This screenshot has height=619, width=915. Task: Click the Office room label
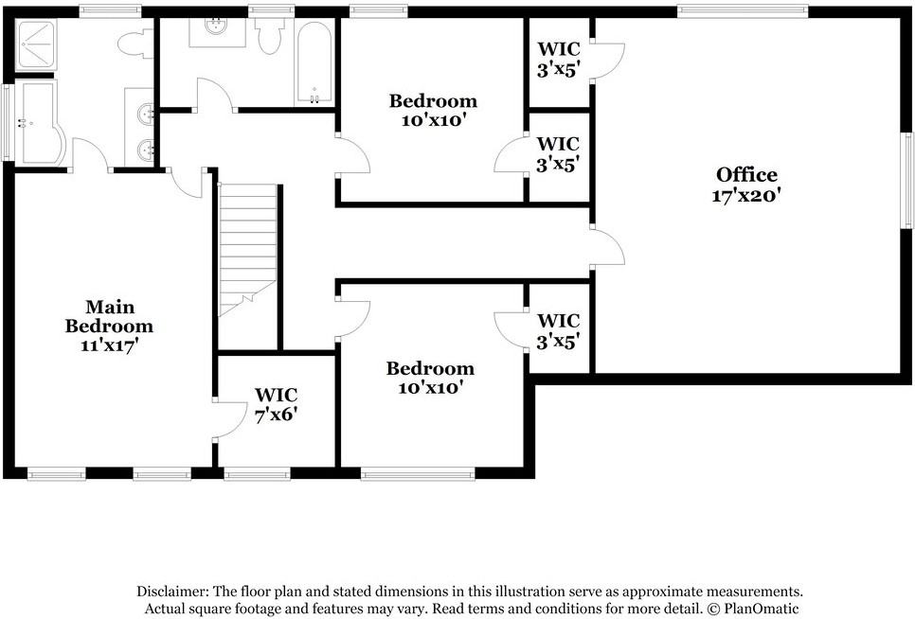pyautogui.click(x=746, y=175)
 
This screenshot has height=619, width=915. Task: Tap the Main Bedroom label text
pyautogui.click(x=109, y=316)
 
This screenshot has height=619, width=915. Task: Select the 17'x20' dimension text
pyautogui.click(x=746, y=195)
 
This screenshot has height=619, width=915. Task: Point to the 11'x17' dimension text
pyautogui.click(x=109, y=345)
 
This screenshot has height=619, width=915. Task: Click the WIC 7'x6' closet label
pyautogui.click(x=277, y=404)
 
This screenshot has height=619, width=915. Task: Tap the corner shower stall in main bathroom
pyautogui.click(x=35, y=45)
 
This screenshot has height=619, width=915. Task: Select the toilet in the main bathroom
pyautogui.click(x=135, y=44)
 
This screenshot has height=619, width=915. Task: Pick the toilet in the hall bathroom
pyautogui.click(x=270, y=36)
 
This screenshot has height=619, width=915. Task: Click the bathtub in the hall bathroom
pyautogui.click(x=314, y=63)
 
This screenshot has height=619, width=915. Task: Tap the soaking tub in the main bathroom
pyautogui.click(x=39, y=123)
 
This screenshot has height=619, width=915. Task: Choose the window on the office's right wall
pyautogui.click(x=907, y=180)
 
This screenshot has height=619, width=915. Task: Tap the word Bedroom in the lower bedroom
pyautogui.click(x=430, y=368)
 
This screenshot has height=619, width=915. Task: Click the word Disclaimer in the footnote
pyautogui.click(x=172, y=592)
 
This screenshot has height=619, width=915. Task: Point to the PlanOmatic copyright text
pyautogui.click(x=753, y=610)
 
